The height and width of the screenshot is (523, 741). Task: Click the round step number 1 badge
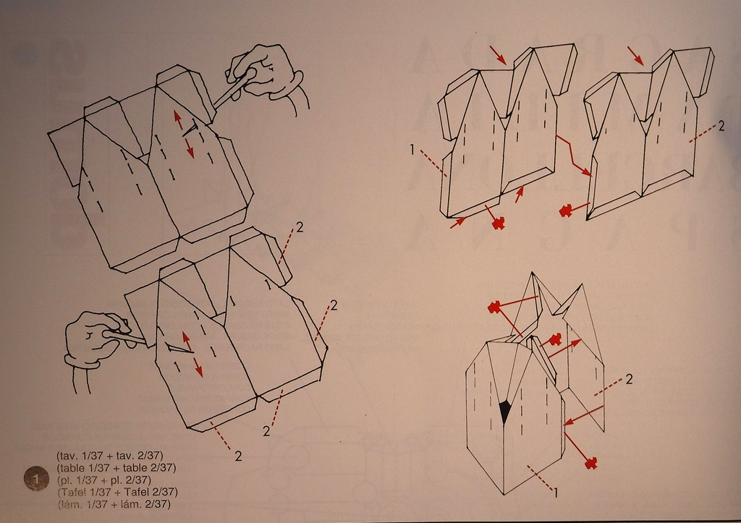tap(36, 479)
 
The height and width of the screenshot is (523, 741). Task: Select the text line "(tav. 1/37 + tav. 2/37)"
tap(110, 456)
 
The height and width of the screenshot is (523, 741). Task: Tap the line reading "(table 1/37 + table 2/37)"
tap(117, 468)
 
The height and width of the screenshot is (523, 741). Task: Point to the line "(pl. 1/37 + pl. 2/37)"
tap(104, 480)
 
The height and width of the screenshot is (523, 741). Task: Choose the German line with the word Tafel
tap(117, 492)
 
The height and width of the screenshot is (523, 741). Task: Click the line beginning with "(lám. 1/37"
tap(114, 503)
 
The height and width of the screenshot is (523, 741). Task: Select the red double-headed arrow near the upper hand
tap(182, 134)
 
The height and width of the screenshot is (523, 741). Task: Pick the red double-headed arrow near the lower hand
tap(192, 354)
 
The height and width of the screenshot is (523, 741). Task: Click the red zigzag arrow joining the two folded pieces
tap(574, 156)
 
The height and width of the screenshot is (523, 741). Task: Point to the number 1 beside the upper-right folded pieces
tap(412, 150)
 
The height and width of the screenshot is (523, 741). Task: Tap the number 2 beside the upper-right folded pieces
tap(721, 126)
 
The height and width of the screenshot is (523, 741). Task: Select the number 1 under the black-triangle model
tap(556, 493)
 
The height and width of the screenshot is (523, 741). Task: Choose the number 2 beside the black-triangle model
tap(629, 379)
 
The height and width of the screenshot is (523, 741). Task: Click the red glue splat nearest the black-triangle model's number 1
tap(590, 462)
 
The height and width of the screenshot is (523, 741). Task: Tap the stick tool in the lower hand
tap(124, 337)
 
